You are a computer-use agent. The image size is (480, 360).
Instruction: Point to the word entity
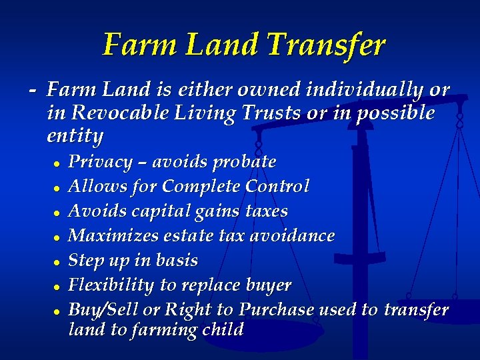pyautogui.click(x=75, y=137)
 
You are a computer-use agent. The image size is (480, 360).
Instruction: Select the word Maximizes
pyautogui.click(x=113, y=235)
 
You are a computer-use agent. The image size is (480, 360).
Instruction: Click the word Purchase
pyautogui.click(x=276, y=310)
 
